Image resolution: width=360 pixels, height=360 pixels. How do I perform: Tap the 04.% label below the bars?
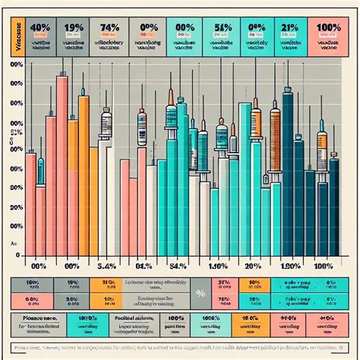[x=145, y=266]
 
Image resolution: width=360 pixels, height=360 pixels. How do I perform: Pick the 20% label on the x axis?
[x=254, y=266]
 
